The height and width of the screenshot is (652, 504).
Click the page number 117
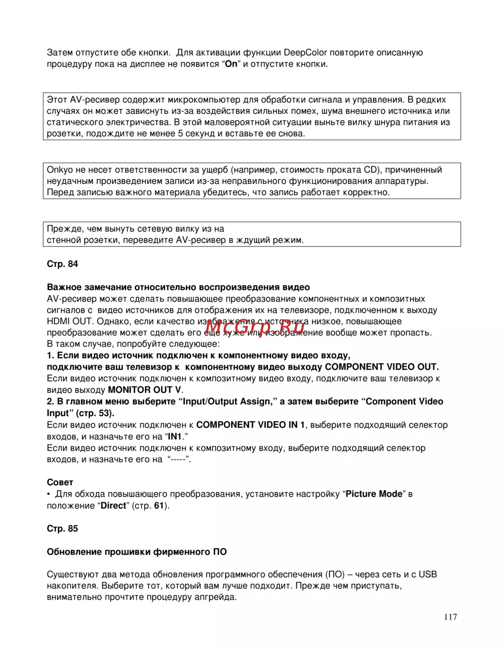(x=451, y=617)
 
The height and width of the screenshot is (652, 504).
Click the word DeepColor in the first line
(x=305, y=52)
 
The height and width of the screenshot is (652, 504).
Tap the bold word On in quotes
(x=231, y=64)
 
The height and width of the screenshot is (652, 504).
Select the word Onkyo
(x=60, y=170)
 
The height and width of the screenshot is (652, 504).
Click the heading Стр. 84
(x=62, y=264)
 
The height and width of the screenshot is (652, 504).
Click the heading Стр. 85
(x=62, y=529)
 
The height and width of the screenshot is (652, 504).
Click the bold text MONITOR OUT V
(x=145, y=390)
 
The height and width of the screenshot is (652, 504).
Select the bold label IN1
(x=174, y=436)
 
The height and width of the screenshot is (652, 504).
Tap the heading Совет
(x=60, y=482)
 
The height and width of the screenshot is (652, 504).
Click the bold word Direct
(x=113, y=505)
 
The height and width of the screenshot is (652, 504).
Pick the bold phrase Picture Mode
(x=374, y=494)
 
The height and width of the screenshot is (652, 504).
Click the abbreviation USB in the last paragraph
(x=428, y=574)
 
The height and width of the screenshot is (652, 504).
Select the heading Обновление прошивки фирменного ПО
(x=137, y=552)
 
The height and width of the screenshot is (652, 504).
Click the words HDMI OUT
(x=70, y=321)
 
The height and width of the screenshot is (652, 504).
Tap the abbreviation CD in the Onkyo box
(x=370, y=170)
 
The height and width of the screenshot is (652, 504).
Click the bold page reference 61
(x=159, y=505)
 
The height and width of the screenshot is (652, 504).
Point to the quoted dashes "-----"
(x=178, y=459)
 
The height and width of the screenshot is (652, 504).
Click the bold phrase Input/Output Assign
(x=227, y=402)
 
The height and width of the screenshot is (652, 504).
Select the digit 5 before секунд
(x=180, y=134)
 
